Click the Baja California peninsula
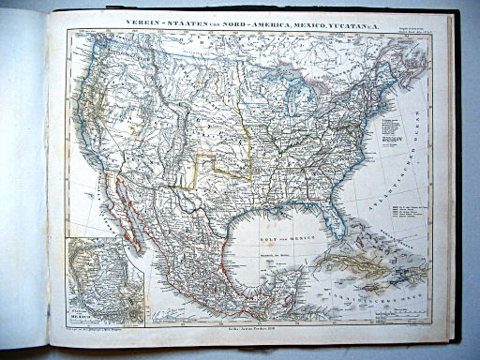[x=126, y=211]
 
